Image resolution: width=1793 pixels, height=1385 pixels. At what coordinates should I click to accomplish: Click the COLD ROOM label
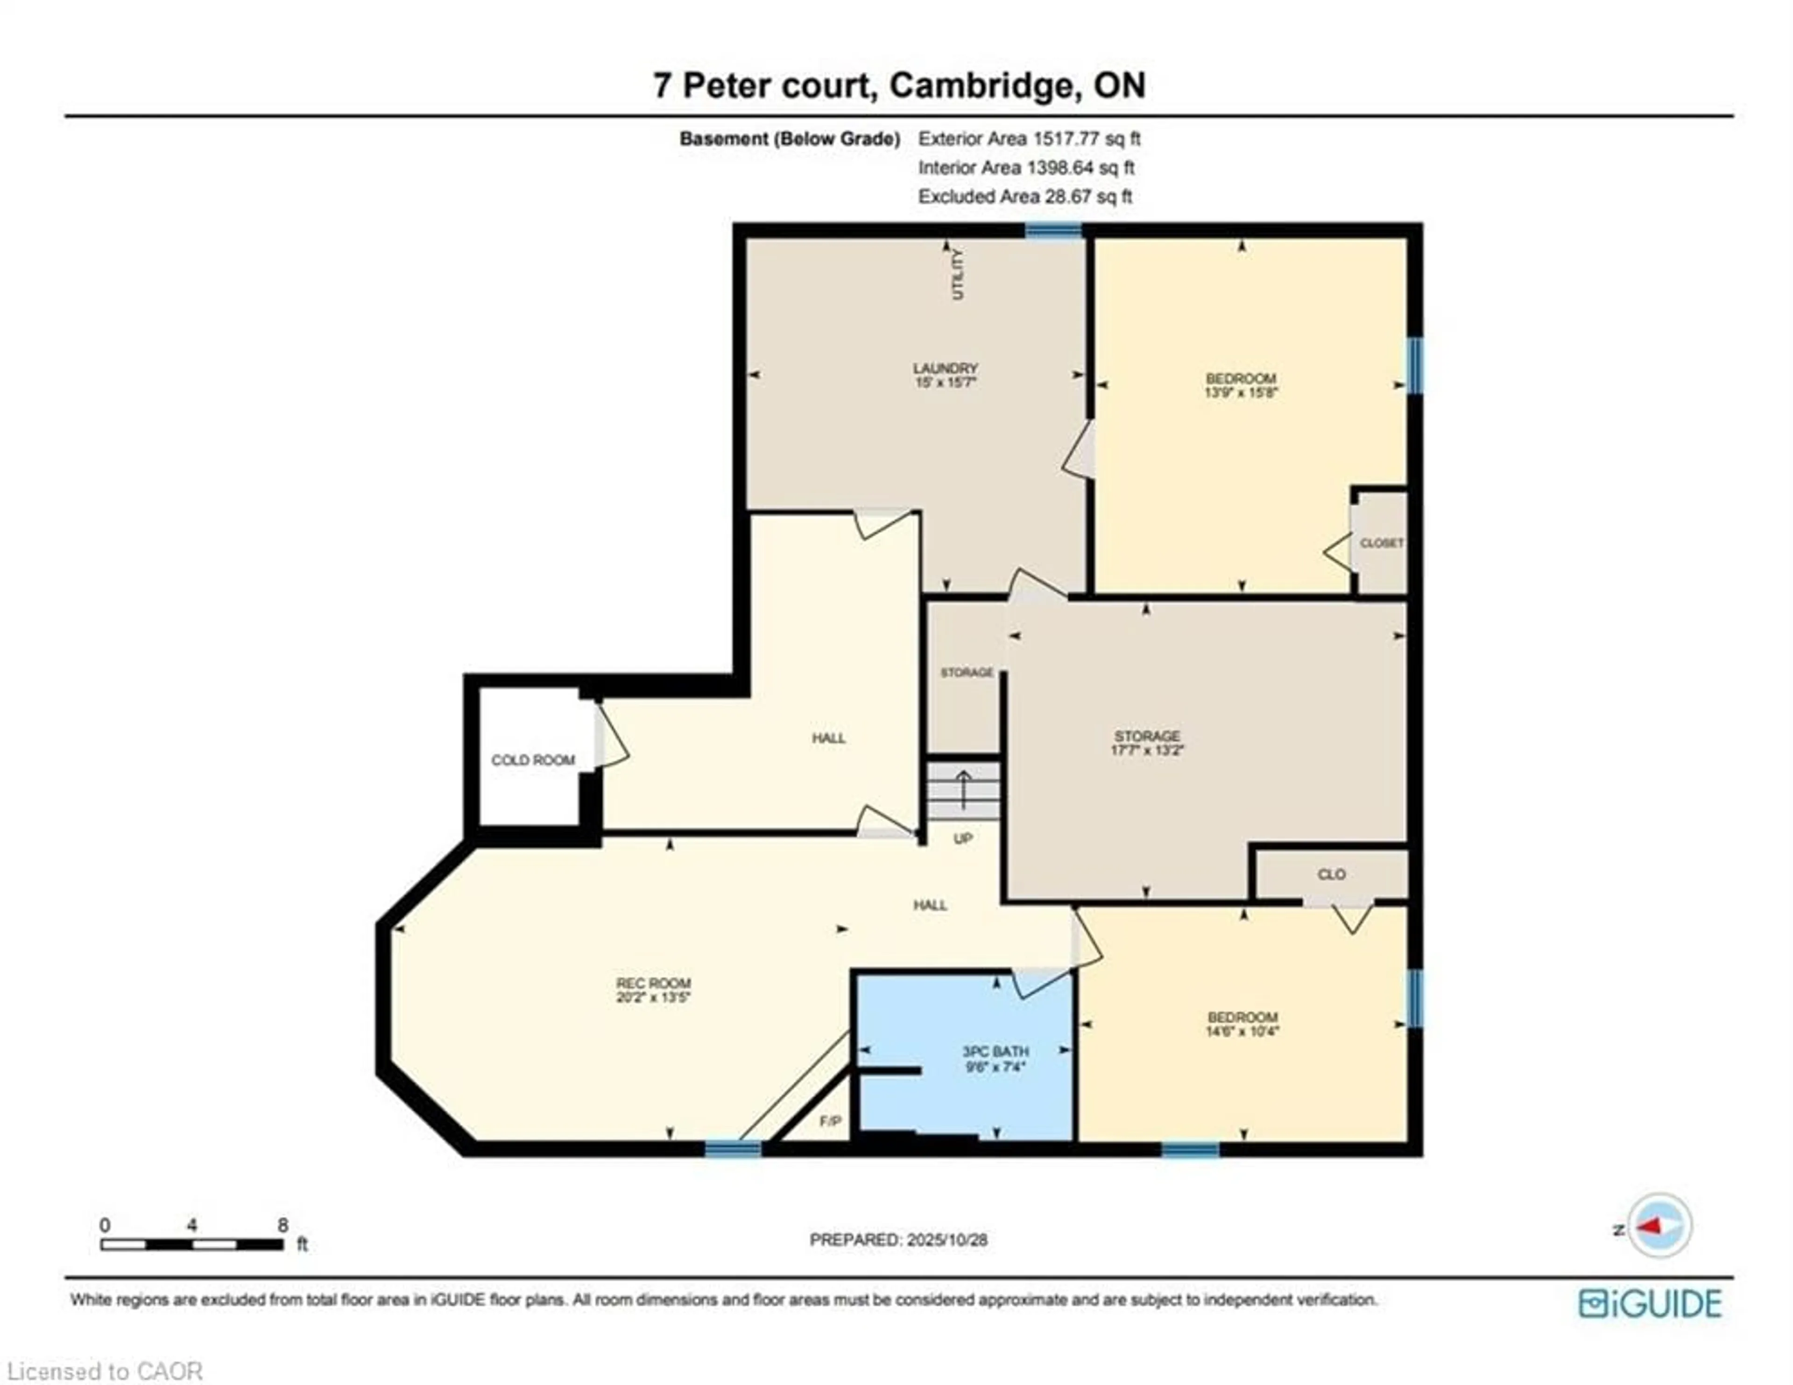[533, 760]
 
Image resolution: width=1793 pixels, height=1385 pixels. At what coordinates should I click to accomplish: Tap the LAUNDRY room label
[946, 369]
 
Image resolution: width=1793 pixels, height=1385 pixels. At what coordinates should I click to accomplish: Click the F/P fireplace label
[830, 1121]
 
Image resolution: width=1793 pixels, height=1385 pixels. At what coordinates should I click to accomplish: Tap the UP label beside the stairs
[963, 838]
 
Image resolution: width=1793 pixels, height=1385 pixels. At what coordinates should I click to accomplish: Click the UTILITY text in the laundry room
[957, 274]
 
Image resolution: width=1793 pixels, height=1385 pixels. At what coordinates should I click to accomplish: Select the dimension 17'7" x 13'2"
[1147, 750]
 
